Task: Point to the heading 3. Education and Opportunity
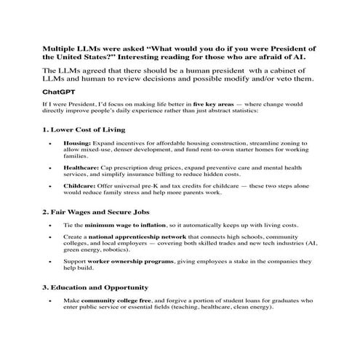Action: pyautogui.click(x=91, y=287)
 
